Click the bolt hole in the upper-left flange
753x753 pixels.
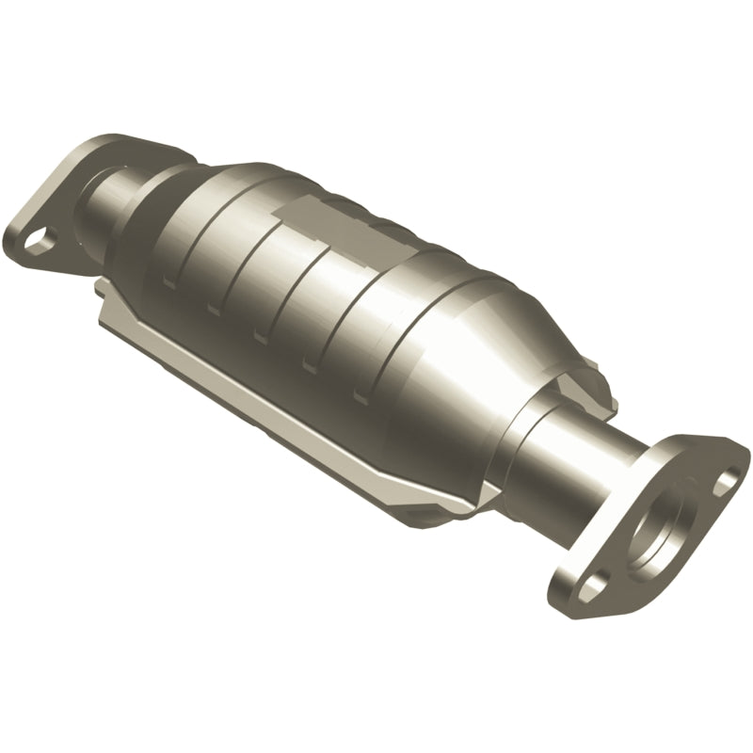click(x=38, y=238)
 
